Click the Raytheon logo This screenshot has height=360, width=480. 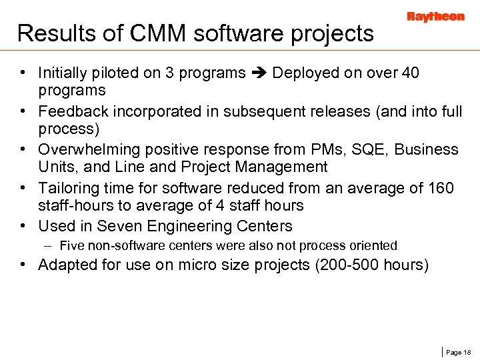435,17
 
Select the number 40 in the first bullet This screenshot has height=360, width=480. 410,73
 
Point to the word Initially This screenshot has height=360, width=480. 64,73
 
